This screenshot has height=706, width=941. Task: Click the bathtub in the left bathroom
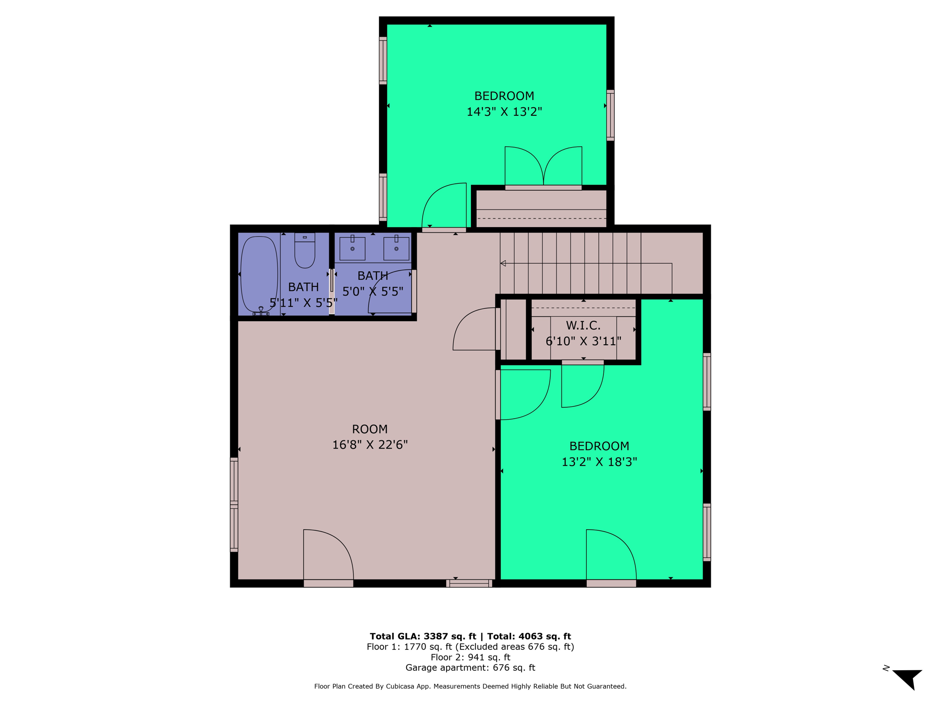tap(259, 274)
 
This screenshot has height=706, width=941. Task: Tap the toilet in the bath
tap(305, 252)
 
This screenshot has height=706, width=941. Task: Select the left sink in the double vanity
tap(352, 248)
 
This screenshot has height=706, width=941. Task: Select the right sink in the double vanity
tap(396, 248)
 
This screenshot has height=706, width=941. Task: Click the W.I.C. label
tap(583, 325)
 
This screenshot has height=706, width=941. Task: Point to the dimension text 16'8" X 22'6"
tap(370, 445)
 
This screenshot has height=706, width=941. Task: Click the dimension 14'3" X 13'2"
tap(504, 112)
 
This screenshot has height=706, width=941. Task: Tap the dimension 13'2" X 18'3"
tap(599, 462)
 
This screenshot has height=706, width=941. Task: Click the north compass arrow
tap(908, 678)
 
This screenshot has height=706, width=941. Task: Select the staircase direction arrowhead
tap(503, 263)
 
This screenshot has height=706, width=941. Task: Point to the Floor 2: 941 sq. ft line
tap(470, 657)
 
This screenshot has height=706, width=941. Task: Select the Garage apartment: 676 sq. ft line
tap(470, 668)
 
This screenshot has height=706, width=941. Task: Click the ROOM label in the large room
tap(370, 429)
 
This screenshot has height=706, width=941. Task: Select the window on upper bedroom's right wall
tap(610, 115)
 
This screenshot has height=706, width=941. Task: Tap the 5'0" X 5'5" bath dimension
tap(373, 291)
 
